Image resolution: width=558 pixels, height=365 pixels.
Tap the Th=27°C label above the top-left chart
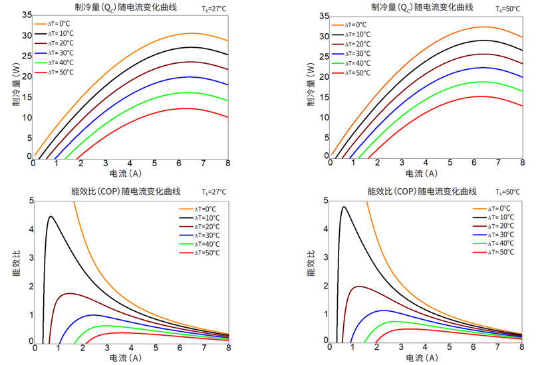point(214,9)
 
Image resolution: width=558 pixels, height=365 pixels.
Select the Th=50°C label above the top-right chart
point(508,9)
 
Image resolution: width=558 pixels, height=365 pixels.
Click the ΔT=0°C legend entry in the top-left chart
point(56,24)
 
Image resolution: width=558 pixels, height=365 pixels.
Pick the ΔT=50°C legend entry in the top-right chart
point(352,72)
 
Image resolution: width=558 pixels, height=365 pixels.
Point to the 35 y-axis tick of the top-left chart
point(26,15)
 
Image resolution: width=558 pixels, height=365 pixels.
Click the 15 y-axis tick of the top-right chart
point(323,97)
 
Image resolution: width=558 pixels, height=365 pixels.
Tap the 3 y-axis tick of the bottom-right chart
point(326,257)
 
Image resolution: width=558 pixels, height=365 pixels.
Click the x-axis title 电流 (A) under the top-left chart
point(125,174)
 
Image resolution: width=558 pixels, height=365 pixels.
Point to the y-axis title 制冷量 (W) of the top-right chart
point(311,86)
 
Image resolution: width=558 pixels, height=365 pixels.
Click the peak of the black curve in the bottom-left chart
point(50,217)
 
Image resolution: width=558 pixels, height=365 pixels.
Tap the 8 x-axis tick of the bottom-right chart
point(523,347)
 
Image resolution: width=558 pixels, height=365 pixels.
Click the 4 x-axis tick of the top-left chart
point(130,164)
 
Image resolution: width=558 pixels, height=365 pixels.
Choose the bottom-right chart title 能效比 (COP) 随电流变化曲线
point(422,191)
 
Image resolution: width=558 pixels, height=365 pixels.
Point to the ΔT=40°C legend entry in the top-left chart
point(56,62)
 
